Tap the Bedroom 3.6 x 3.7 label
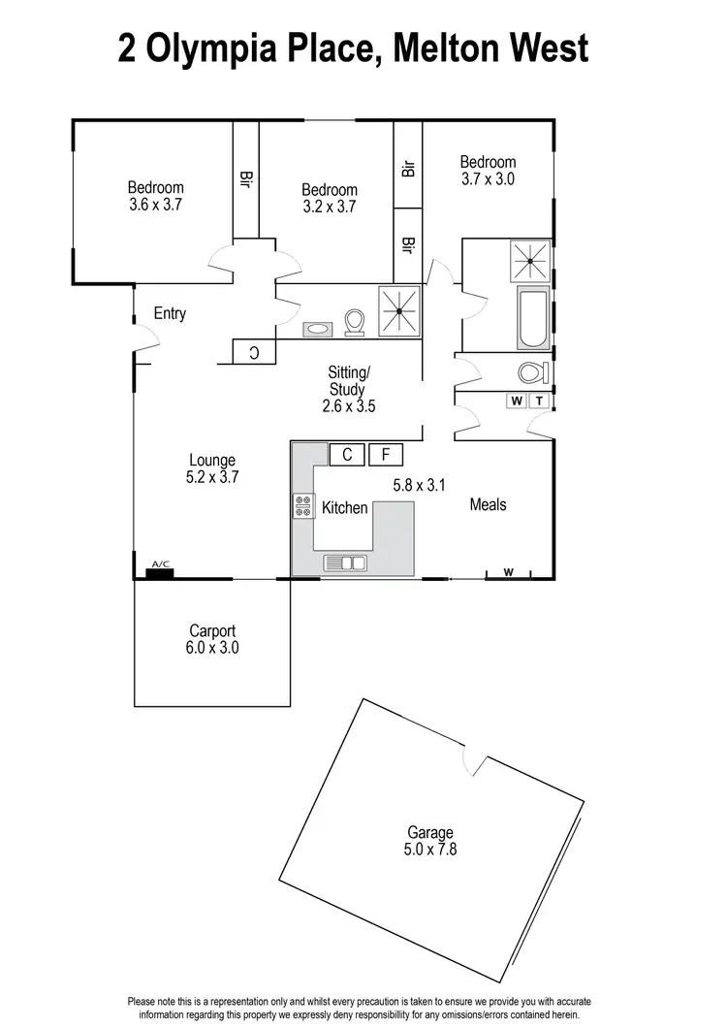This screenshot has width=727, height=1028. (156, 196)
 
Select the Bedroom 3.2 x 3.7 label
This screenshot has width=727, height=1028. (330, 198)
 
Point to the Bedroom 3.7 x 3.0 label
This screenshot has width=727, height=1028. (488, 170)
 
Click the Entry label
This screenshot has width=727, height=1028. (170, 314)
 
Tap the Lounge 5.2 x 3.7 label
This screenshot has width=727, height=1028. (213, 468)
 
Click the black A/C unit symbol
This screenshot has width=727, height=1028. (159, 572)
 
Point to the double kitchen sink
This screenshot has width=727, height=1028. (345, 562)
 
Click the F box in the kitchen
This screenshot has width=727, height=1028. (386, 454)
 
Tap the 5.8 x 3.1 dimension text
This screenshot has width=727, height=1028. (417, 484)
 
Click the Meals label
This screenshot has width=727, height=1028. (488, 504)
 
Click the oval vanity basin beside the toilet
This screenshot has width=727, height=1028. (317, 328)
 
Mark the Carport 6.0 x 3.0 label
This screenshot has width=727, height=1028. (213, 640)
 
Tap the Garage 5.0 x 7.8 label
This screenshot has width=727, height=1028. (430, 841)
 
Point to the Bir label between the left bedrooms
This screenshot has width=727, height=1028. (245, 179)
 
